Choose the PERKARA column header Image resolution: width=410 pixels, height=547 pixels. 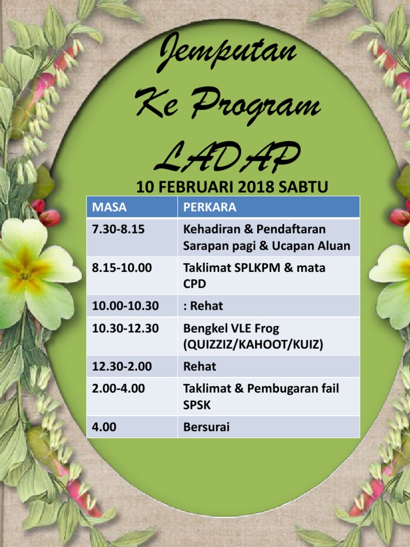coord(209,207)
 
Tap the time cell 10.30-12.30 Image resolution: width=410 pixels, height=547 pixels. coord(125,329)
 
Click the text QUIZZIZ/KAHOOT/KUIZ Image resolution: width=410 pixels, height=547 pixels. coord(253,345)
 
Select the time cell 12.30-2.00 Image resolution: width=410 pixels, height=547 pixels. coord(122,366)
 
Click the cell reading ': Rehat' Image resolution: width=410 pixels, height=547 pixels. coord(203,306)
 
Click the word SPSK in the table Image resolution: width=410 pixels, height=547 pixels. coord(197,405)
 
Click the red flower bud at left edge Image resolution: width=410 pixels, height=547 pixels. coord(50,217)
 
